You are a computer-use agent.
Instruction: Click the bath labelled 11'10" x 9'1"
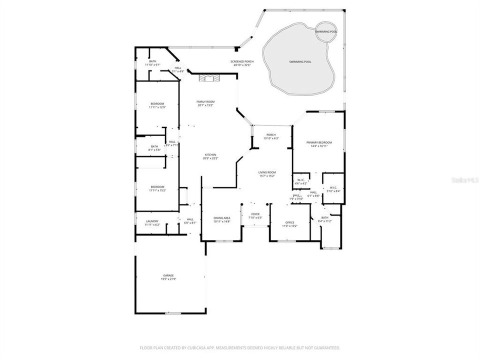(152, 63)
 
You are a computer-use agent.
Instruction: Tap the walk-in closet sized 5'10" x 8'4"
(333, 189)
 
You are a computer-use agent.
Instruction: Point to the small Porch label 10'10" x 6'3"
(271, 136)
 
